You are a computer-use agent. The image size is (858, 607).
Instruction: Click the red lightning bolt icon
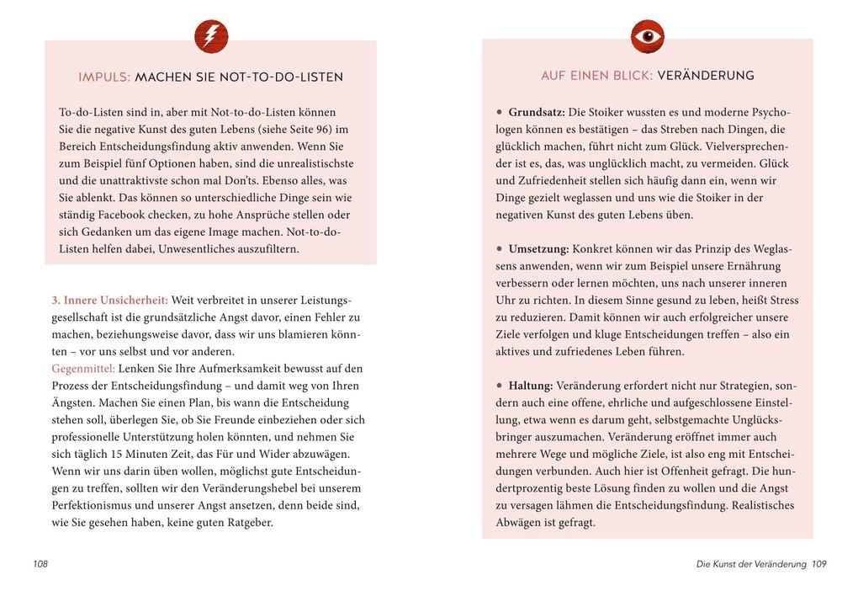pyautogui.click(x=211, y=36)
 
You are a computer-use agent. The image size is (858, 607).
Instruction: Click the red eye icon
pyautogui.click(x=647, y=36)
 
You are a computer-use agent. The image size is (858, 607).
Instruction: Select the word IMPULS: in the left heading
pyautogui.click(x=104, y=77)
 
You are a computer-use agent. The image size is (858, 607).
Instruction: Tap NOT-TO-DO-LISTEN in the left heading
pyautogui.click(x=281, y=77)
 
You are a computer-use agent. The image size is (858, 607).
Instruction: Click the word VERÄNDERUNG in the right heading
pyautogui.click(x=705, y=76)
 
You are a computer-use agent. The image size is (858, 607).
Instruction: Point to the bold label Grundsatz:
pyautogui.click(x=537, y=112)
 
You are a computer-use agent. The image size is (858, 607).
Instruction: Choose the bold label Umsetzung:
pyautogui.click(x=538, y=249)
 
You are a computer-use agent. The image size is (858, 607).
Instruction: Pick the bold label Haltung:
pyautogui.click(x=530, y=386)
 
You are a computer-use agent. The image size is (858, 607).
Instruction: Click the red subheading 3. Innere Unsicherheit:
pyautogui.click(x=110, y=300)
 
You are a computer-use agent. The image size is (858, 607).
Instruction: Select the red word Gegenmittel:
pyautogui.click(x=83, y=369)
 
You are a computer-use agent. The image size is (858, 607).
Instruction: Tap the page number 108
pyautogui.click(x=40, y=564)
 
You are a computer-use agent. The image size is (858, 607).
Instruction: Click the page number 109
pyautogui.click(x=818, y=564)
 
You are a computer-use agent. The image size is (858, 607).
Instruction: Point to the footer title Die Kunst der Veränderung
pyautogui.click(x=751, y=564)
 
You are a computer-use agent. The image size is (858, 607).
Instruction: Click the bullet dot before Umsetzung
pyautogui.click(x=500, y=248)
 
